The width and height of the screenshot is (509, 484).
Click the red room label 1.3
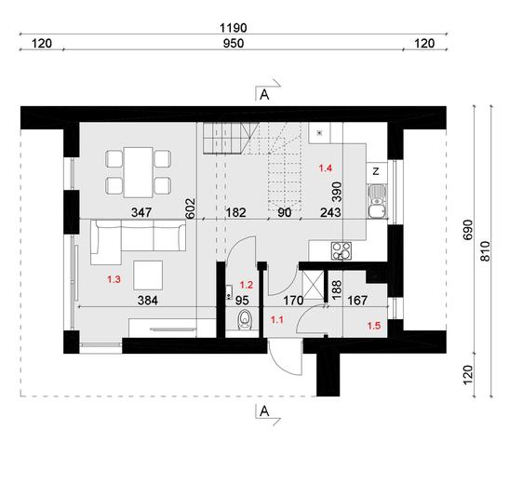pos(114,279)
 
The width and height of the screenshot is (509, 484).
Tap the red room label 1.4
pos(326,168)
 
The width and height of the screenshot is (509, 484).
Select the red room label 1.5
pos(374,325)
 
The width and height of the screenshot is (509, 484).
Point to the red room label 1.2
pos(247,285)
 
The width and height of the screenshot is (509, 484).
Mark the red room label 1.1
pos(276,319)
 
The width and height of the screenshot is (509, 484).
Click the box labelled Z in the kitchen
pos(374,171)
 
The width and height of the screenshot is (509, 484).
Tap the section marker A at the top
pos(264,93)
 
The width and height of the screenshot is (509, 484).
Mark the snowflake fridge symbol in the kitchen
pos(319,135)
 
